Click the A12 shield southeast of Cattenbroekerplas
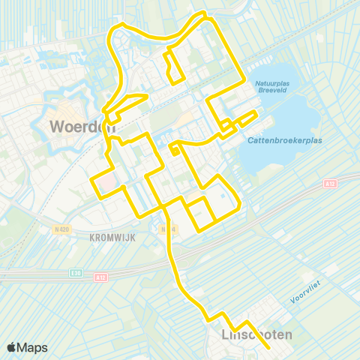(331, 183)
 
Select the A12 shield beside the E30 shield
(100, 277)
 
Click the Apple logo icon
(13, 347)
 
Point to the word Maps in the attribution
(33, 347)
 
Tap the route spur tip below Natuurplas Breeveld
(257, 112)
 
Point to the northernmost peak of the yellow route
(199, 13)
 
